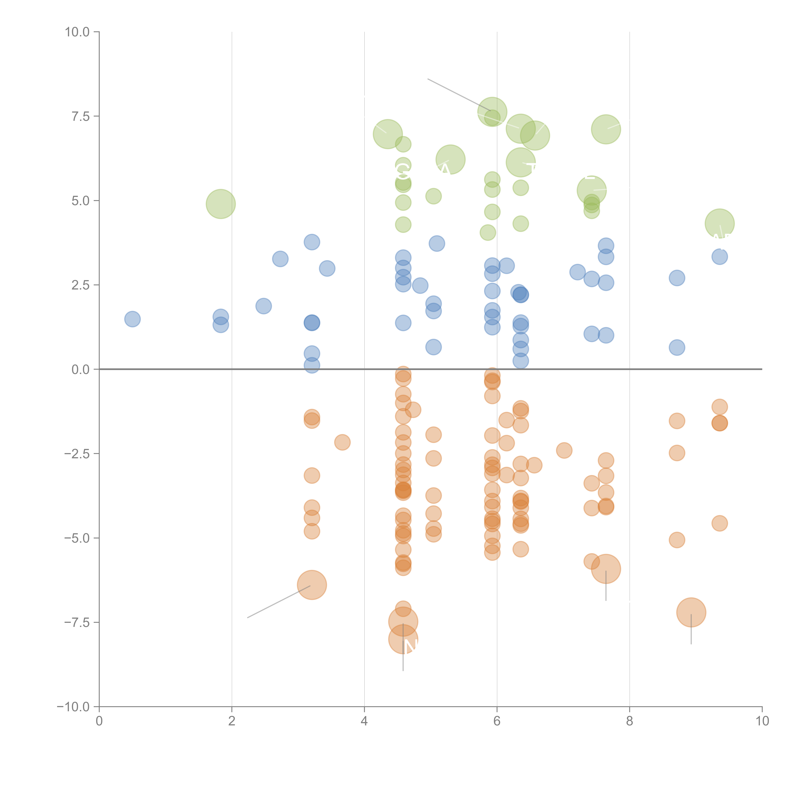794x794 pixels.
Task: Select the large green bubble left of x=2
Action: (x=221, y=204)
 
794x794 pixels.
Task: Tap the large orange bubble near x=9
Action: (x=691, y=612)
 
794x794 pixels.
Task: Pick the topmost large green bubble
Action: (x=492, y=112)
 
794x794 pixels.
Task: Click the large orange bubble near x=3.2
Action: (x=312, y=585)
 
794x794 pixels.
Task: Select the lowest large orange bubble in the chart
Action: (x=403, y=639)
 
